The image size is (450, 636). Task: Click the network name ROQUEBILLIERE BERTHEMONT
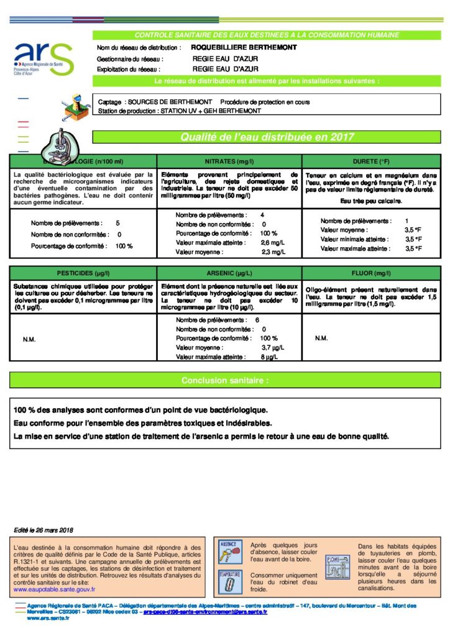(x=235, y=47)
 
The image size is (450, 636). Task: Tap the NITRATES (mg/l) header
(x=229, y=160)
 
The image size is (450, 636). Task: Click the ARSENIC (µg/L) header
(x=229, y=273)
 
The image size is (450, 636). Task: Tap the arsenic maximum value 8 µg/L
(x=269, y=357)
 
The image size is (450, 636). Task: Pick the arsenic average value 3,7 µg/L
(x=272, y=348)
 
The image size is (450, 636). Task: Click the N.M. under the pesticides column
(x=29, y=339)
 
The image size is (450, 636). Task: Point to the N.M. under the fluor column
(x=321, y=338)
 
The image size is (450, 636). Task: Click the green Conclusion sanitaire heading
(x=225, y=379)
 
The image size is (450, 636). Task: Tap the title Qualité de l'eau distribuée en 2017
(x=267, y=137)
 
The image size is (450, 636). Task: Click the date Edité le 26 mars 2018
(x=44, y=530)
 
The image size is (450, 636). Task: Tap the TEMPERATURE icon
(x=229, y=583)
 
